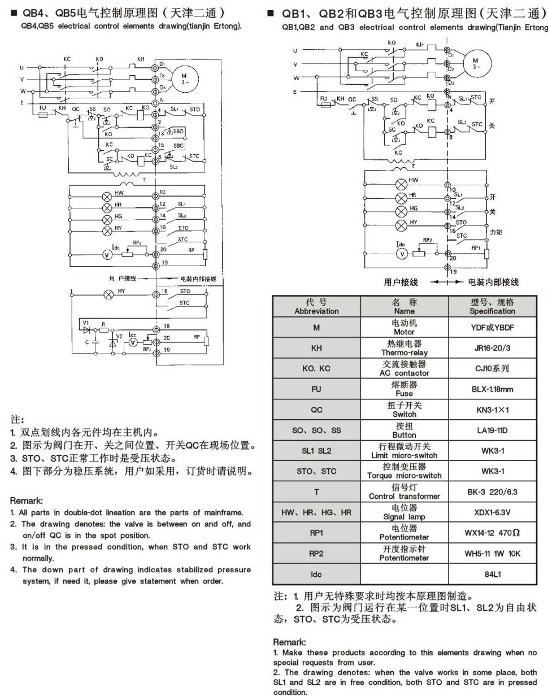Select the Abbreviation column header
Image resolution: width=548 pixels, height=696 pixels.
pos(316,307)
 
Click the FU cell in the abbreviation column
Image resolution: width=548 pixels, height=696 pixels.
pos(316,389)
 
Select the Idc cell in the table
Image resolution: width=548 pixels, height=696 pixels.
pos(316,574)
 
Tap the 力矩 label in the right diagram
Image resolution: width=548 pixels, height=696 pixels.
pos(495,232)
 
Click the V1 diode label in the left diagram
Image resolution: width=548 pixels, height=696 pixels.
pos(86,322)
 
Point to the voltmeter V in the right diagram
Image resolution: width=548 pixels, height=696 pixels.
pos(401,254)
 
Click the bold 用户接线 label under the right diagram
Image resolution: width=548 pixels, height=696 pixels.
pos(401,282)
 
